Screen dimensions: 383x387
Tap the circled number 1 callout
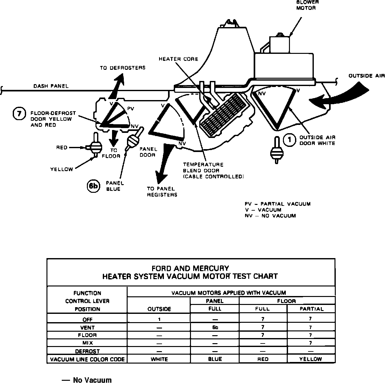pos(289,141)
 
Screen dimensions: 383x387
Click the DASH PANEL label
pos(51,86)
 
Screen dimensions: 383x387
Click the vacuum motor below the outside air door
pos(276,151)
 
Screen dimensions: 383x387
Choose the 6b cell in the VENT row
pos(215,327)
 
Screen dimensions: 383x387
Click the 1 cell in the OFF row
pos(158,319)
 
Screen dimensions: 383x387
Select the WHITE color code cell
pos(159,359)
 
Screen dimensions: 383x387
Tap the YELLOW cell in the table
pos(311,359)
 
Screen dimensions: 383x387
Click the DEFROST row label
pos(87,351)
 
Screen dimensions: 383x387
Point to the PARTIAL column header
pos(311,309)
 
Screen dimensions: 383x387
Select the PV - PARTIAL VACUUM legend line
pos(278,204)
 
